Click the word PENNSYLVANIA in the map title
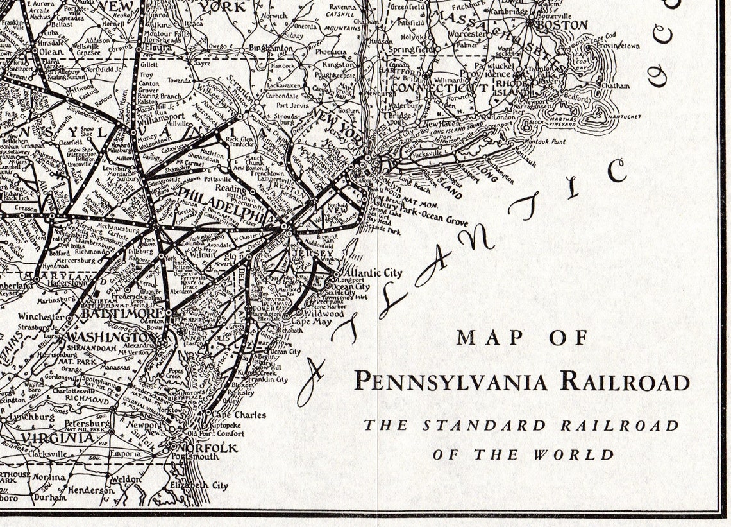point(451,381)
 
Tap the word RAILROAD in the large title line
point(625,381)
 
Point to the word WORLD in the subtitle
point(575,454)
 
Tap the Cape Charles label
point(240,415)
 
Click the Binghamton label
point(271,48)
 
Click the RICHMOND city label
point(85,401)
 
